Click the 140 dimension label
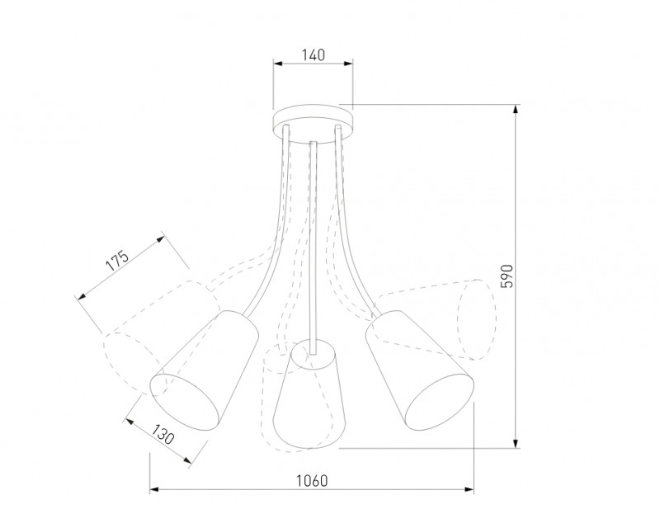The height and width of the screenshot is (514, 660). tap(313, 54)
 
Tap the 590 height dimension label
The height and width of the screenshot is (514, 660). tap(508, 276)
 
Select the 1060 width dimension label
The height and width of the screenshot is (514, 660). tap(312, 480)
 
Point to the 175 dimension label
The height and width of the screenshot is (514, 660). tap(116, 261)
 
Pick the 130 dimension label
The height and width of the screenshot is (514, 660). tap(163, 435)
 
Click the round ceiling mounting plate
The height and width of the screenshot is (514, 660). tap(313, 126)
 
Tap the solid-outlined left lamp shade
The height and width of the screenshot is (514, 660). tap(204, 370)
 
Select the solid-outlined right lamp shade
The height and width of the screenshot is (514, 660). tap(420, 370)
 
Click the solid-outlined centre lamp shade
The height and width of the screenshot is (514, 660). tap(309, 394)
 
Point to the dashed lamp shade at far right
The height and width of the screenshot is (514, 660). tap(438, 320)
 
